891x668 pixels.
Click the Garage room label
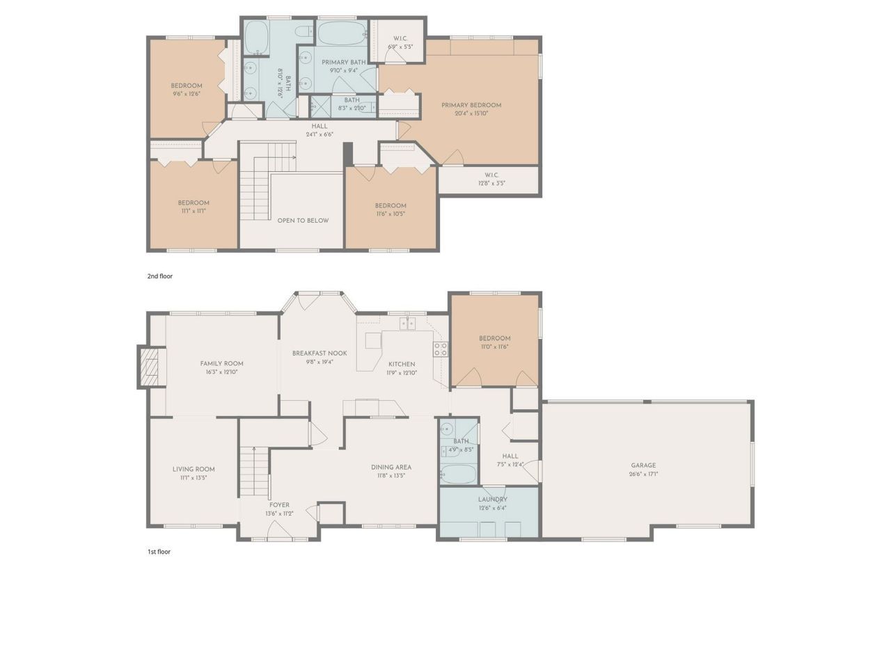pyautogui.click(x=643, y=466)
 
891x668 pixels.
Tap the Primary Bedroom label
pyautogui.click(x=471, y=105)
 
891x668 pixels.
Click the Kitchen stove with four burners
pyautogui.click(x=441, y=349)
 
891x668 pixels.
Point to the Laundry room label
pyautogui.click(x=492, y=499)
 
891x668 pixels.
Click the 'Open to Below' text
pyautogui.click(x=303, y=221)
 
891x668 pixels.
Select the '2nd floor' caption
pyautogui.click(x=159, y=276)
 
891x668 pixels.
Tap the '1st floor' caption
pyautogui.click(x=159, y=552)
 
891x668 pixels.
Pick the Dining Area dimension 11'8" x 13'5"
pyautogui.click(x=391, y=476)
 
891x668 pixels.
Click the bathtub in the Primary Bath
pyautogui.click(x=341, y=32)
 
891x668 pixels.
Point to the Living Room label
pyautogui.click(x=194, y=469)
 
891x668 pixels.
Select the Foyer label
pyautogui.click(x=279, y=505)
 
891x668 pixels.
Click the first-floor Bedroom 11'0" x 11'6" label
pyautogui.click(x=495, y=339)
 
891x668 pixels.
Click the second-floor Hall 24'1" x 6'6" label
pyautogui.click(x=320, y=126)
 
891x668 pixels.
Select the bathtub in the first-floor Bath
pyautogui.click(x=459, y=475)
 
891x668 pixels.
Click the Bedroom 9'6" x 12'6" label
pyautogui.click(x=187, y=86)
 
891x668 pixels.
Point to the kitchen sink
pyautogui.click(x=407, y=324)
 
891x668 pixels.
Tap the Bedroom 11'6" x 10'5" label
pyautogui.click(x=391, y=205)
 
